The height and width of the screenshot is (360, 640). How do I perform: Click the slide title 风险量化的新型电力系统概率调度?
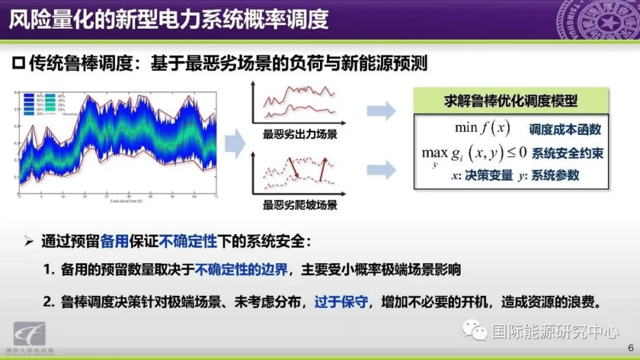tap(168, 20)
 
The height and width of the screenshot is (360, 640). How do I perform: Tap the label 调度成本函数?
tap(565, 129)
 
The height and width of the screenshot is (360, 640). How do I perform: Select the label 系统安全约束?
tap(567, 154)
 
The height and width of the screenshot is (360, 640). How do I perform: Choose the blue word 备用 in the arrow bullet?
tap(114, 242)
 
